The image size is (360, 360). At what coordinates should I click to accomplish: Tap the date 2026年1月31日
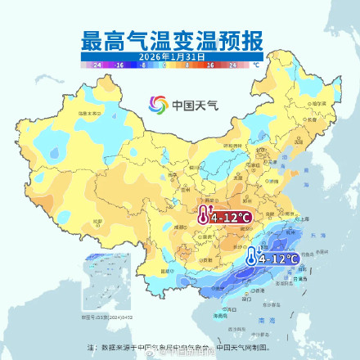pyautogui.click(x=179, y=56)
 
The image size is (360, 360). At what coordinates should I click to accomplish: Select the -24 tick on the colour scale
pyautogui.click(x=97, y=64)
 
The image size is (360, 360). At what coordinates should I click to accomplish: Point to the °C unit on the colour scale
pyautogui.click(x=255, y=64)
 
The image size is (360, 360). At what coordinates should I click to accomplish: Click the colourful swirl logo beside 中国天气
pyautogui.click(x=157, y=105)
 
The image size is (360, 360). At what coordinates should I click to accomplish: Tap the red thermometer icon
pyautogui.click(x=202, y=216)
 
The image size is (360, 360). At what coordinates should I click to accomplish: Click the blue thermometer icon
pyautogui.click(x=250, y=259)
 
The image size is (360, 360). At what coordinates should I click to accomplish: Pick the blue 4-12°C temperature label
pyautogui.click(x=277, y=259)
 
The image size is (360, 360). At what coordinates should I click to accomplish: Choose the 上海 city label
pyautogui.click(x=304, y=219)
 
